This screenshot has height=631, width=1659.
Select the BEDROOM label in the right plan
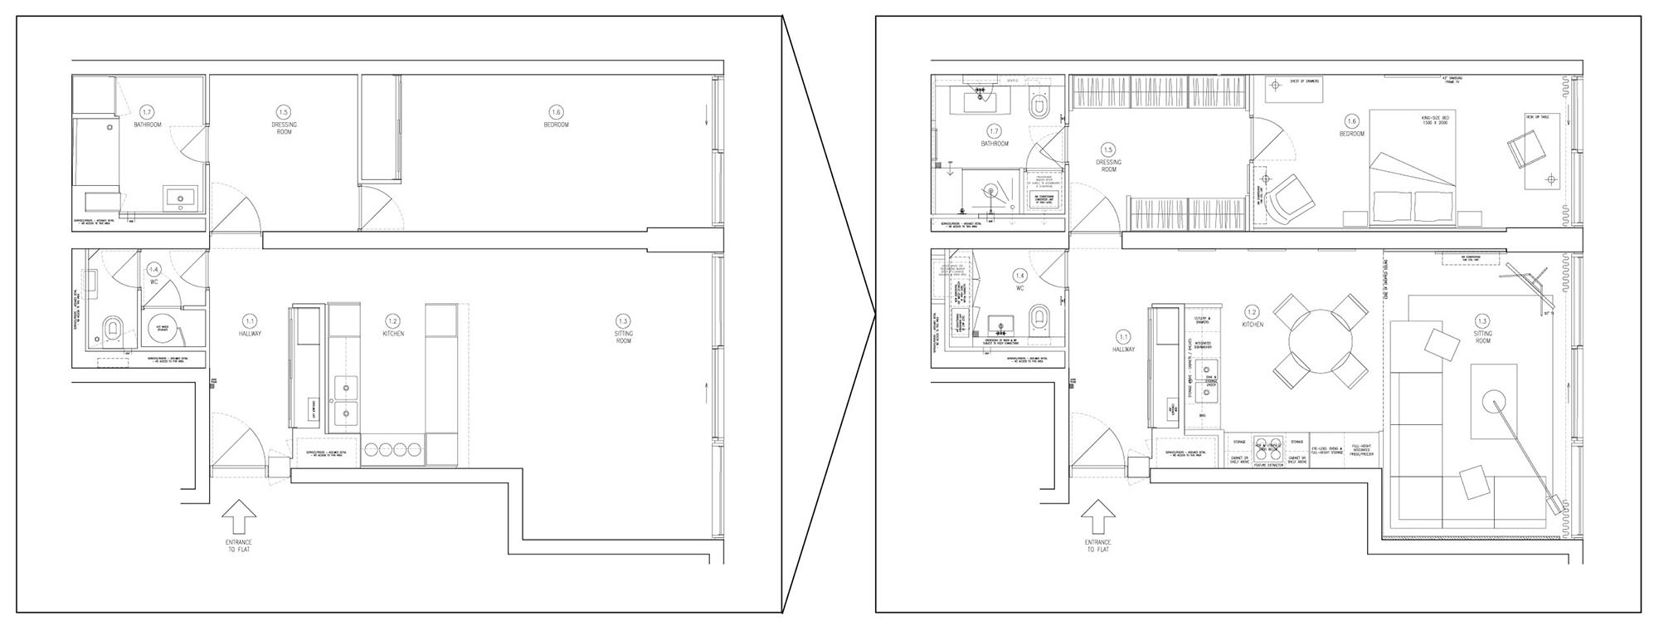1351,134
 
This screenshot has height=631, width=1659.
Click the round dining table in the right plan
1319,341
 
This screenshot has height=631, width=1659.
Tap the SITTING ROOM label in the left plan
624,336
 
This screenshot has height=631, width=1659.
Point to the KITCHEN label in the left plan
393,333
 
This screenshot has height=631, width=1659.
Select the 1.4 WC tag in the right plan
1020,275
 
